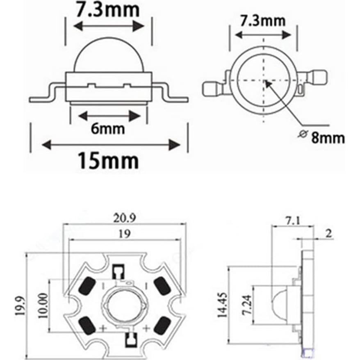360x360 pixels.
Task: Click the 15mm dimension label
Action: click(x=108, y=161)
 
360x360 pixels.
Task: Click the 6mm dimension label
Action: click(x=107, y=129)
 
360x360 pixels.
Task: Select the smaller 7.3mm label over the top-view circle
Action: click(x=263, y=21)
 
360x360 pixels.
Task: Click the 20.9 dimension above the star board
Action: click(x=122, y=219)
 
